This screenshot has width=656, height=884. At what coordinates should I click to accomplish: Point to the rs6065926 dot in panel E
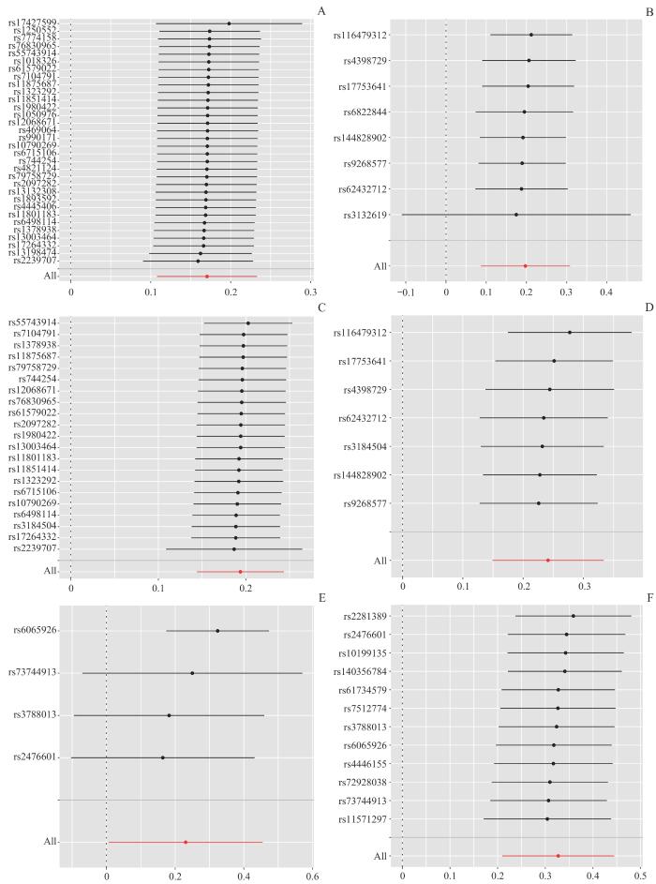pyautogui.click(x=217, y=631)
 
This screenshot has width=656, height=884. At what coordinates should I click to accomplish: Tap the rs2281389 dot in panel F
pyautogui.click(x=573, y=616)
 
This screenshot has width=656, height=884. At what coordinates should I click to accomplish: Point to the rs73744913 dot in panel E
pyautogui.click(x=192, y=673)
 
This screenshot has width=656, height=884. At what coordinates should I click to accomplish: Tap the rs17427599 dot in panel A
pyautogui.click(x=229, y=23)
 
